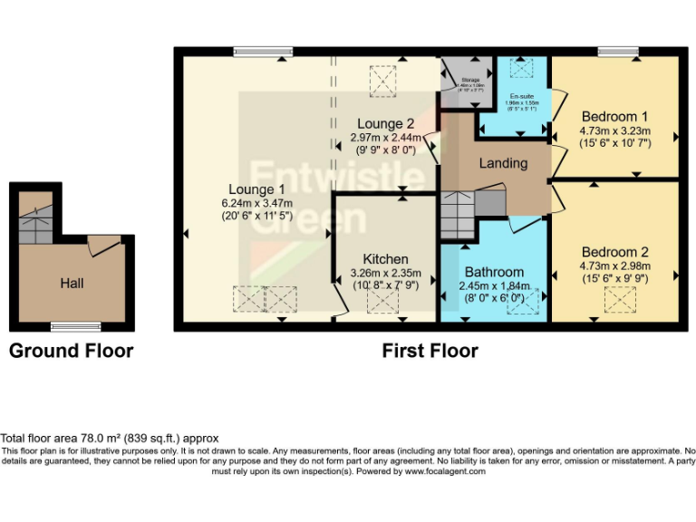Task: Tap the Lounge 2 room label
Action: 385,124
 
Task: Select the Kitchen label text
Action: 385,259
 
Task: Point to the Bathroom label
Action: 494,272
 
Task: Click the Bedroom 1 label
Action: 614,116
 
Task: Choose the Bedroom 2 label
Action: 614,251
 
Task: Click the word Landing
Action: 502,163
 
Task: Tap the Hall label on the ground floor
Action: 72,284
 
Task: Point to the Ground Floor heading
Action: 71,351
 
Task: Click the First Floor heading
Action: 430,351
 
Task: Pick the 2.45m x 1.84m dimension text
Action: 494,285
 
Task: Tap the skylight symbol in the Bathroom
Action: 524,303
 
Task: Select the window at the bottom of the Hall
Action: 75,327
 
